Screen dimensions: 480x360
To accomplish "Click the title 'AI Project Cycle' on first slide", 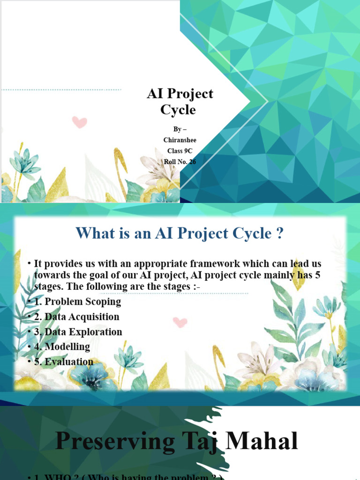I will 180,101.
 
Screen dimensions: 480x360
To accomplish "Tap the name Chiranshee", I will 180,140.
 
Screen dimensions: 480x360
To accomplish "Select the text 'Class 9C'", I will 180,150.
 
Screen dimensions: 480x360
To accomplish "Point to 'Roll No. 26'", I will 180,162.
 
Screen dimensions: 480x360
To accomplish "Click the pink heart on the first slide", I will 80,122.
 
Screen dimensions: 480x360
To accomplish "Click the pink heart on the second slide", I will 180,322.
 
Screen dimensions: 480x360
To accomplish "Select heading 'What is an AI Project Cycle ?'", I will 180,233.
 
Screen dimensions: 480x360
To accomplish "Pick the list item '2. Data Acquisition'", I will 76,316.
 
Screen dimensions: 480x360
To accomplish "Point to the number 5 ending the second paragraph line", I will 318,275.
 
